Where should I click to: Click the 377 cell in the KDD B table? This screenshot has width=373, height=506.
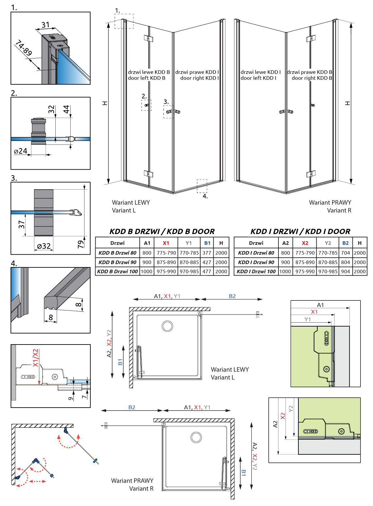pos(207,253)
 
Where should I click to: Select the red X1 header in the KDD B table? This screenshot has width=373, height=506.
pos(166,243)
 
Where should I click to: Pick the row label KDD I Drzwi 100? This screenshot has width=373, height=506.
pos(256,271)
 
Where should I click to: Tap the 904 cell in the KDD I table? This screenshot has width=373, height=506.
pos(346,271)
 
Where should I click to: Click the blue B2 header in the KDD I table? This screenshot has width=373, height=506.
pos(346,243)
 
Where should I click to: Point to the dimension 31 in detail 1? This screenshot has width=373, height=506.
pos(45,25)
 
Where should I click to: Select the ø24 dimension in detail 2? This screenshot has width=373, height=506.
pos(21,151)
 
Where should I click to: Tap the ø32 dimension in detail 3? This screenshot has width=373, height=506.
pos(44,246)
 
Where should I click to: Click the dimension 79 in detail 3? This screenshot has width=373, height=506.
pos(81,244)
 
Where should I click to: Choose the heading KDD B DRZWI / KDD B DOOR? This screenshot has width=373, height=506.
pos(162,231)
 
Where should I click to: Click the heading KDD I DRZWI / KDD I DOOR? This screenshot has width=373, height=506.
pos(300,231)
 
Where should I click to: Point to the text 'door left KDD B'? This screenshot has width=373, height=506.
pos(147,78)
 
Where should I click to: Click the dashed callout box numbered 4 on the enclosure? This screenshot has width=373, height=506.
pos(202,186)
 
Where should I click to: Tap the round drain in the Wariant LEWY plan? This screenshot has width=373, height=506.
pos(167,326)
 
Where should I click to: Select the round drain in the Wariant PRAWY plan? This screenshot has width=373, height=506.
pos(196,437)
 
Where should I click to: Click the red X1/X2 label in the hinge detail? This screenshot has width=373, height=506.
pos(35,358)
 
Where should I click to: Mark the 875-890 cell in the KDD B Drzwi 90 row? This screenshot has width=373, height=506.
pos(166,262)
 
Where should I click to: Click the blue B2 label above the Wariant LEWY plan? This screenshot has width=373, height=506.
pos(232,296)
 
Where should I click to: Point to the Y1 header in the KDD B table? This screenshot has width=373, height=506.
pos(189,243)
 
